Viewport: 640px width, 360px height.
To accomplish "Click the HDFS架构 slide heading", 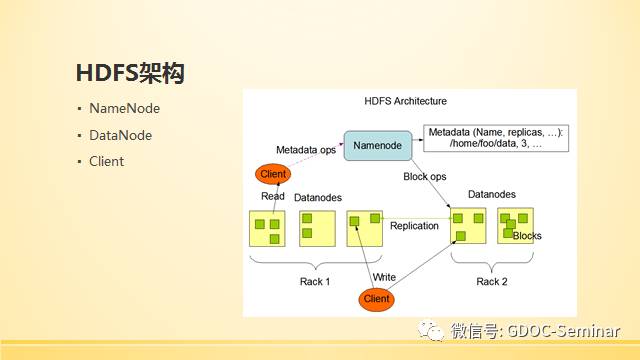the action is pyautogui.click(x=130, y=73).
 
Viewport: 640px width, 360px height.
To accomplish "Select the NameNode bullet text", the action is pyautogui.click(x=124, y=109).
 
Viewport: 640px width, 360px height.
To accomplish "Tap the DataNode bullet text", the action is pyautogui.click(x=120, y=135).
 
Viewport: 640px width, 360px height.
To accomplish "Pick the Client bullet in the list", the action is pyautogui.click(x=107, y=161).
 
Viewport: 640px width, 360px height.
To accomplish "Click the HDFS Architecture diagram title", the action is pyautogui.click(x=405, y=101).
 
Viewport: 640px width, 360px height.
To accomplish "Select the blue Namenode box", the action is pyautogui.click(x=378, y=146).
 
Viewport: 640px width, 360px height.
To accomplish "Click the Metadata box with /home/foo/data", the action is pyautogui.click(x=496, y=138).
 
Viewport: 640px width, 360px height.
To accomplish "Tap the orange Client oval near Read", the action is pyautogui.click(x=273, y=174).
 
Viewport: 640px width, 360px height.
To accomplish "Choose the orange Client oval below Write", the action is pyautogui.click(x=376, y=299).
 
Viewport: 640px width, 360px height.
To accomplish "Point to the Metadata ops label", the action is pyautogui.click(x=306, y=150).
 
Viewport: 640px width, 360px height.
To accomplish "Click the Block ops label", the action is pyautogui.click(x=424, y=176).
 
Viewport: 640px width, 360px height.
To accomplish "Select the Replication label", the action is pyautogui.click(x=414, y=226).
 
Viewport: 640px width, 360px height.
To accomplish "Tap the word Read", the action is pyautogui.click(x=273, y=196).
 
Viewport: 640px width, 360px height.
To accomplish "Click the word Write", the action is pyautogui.click(x=384, y=277).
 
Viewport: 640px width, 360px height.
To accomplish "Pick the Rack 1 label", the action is pyautogui.click(x=315, y=282).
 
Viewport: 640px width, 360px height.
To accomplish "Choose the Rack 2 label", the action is pyautogui.click(x=492, y=282).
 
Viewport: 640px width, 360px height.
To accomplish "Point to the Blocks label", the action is pyautogui.click(x=527, y=236).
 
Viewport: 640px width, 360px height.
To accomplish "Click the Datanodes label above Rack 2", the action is pyautogui.click(x=491, y=194).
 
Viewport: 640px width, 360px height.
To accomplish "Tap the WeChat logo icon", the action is pyautogui.click(x=431, y=330).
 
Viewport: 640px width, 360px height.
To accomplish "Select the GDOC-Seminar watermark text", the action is pyautogui.click(x=563, y=331).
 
